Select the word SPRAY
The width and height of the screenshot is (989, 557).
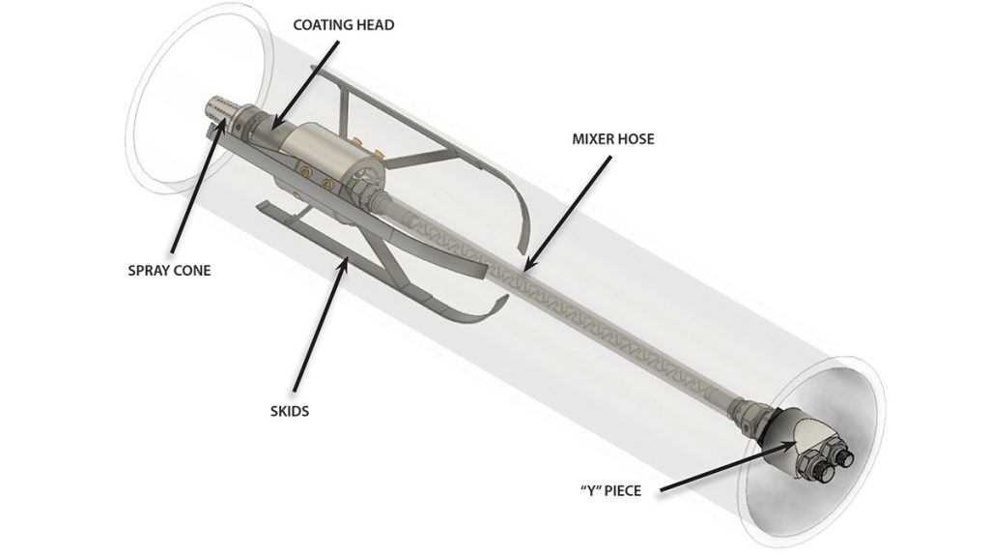[148, 271]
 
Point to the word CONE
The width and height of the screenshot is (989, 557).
[192, 271]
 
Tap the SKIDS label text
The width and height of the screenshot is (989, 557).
[290, 411]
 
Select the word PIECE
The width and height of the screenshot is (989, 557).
[623, 490]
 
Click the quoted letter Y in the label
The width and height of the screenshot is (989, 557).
[590, 490]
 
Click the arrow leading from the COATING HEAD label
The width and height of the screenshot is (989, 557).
[306, 85]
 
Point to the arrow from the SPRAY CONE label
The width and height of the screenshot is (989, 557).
[197, 184]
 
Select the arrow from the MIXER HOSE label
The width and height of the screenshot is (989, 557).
[567, 214]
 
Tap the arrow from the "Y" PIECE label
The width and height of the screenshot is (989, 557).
[726, 466]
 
